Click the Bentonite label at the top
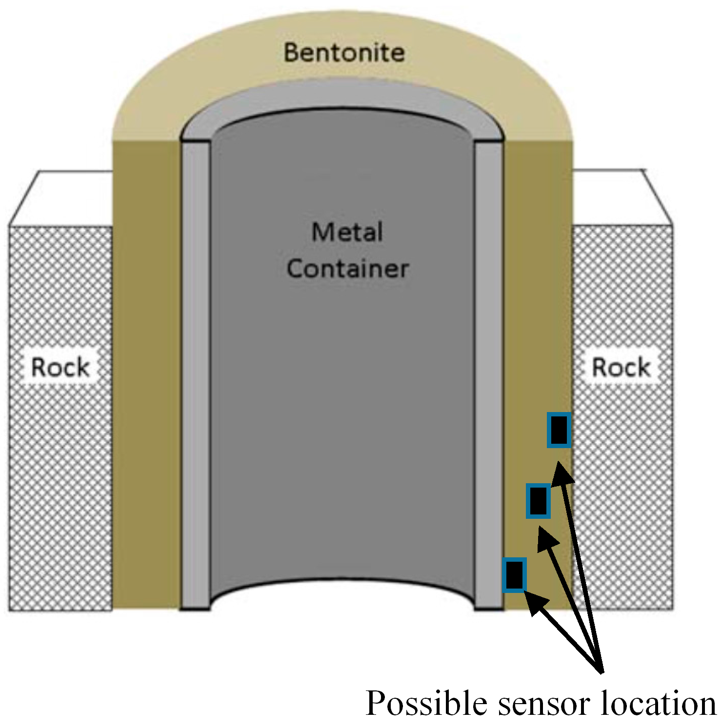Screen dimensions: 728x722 344,53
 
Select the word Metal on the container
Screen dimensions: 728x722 347,232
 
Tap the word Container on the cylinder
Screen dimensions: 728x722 347,269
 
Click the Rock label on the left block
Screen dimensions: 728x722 60,367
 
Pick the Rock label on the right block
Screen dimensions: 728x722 621,367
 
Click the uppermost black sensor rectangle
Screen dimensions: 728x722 559,430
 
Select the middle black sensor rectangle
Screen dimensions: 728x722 538,500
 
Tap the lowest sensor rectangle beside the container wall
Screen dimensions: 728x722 514,575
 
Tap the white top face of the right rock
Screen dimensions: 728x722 620,197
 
